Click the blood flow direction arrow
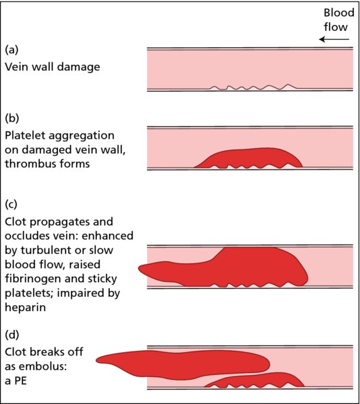334,40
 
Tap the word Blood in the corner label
339,13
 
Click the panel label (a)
11,49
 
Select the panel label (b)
12,118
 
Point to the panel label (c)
11,204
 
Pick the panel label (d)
12,334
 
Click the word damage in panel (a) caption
78,67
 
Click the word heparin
25,308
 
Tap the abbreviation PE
20,380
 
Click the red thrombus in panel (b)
248,158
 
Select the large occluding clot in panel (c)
223,267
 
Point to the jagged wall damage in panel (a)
253,87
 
